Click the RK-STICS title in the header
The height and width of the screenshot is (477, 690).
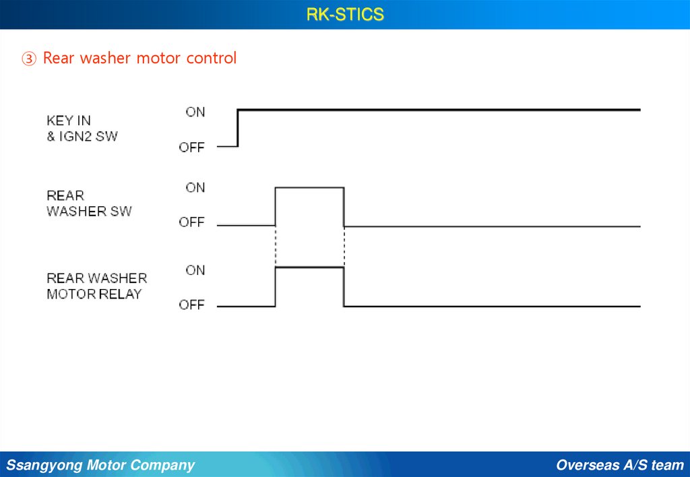click(345, 14)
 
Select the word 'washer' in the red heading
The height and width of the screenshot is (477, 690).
click(106, 59)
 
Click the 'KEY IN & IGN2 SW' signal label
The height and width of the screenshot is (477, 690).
click(82, 128)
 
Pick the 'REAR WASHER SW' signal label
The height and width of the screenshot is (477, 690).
click(89, 203)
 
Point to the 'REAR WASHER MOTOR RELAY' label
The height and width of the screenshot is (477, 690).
click(96, 286)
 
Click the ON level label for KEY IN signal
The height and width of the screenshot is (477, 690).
click(195, 112)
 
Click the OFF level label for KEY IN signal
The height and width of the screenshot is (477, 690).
click(191, 147)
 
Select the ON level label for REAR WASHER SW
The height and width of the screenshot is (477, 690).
click(195, 187)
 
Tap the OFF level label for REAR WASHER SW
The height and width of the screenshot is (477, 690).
click(191, 222)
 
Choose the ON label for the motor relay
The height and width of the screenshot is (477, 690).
click(195, 270)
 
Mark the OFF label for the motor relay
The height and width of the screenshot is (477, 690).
click(191, 305)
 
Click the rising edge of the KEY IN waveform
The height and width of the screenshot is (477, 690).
click(238, 127)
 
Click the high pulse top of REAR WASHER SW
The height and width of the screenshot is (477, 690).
click(309, 188)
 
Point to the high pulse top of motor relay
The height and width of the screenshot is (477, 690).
click(309, 267)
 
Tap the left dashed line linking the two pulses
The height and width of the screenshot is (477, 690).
click(275, 247)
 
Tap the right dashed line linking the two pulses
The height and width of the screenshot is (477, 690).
click(344, 247)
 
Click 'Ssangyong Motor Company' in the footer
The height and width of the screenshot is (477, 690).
click(100, 465)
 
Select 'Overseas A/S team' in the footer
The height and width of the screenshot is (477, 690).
click(620, 465)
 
